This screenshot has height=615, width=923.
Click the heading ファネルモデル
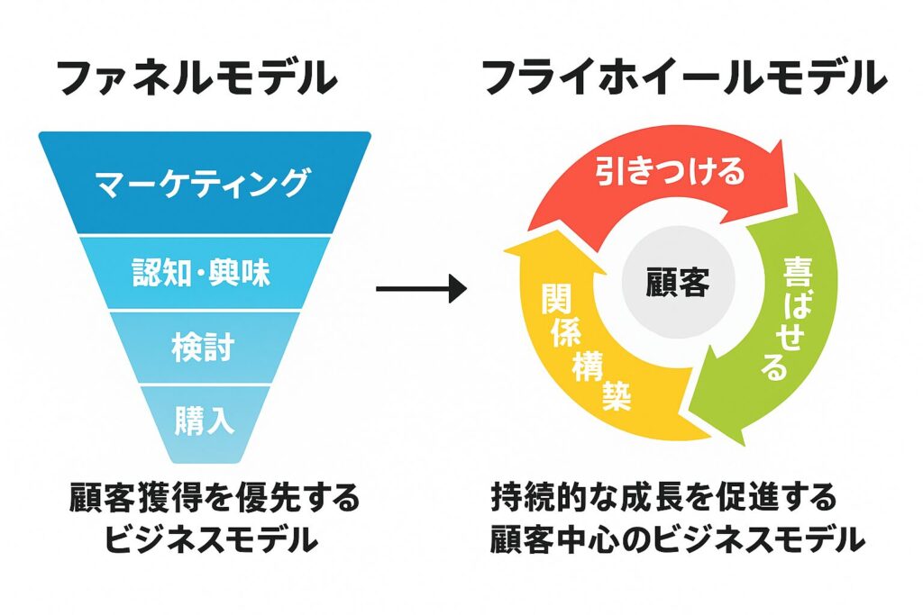pos(197,77)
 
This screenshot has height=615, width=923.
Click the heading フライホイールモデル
pos(685,77)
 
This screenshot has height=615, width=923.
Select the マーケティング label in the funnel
pos(203,183)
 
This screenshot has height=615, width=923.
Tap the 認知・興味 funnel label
pos(201,273)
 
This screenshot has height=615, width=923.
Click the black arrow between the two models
pos(422,289)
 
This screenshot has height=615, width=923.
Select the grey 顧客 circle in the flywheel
pos(678,282)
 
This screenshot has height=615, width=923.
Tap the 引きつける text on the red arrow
pos(671,171)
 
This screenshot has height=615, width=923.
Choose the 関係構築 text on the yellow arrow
pos(586,347)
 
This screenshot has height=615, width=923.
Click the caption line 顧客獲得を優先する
pos(215,498)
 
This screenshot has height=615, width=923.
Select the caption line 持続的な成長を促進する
pos(664,498)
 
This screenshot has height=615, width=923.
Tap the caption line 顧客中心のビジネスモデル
pos(678,539)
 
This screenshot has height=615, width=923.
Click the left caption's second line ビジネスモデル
pos(211,539)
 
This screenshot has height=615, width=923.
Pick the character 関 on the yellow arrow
pos(557,299)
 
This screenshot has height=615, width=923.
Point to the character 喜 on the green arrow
pos(798,271)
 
